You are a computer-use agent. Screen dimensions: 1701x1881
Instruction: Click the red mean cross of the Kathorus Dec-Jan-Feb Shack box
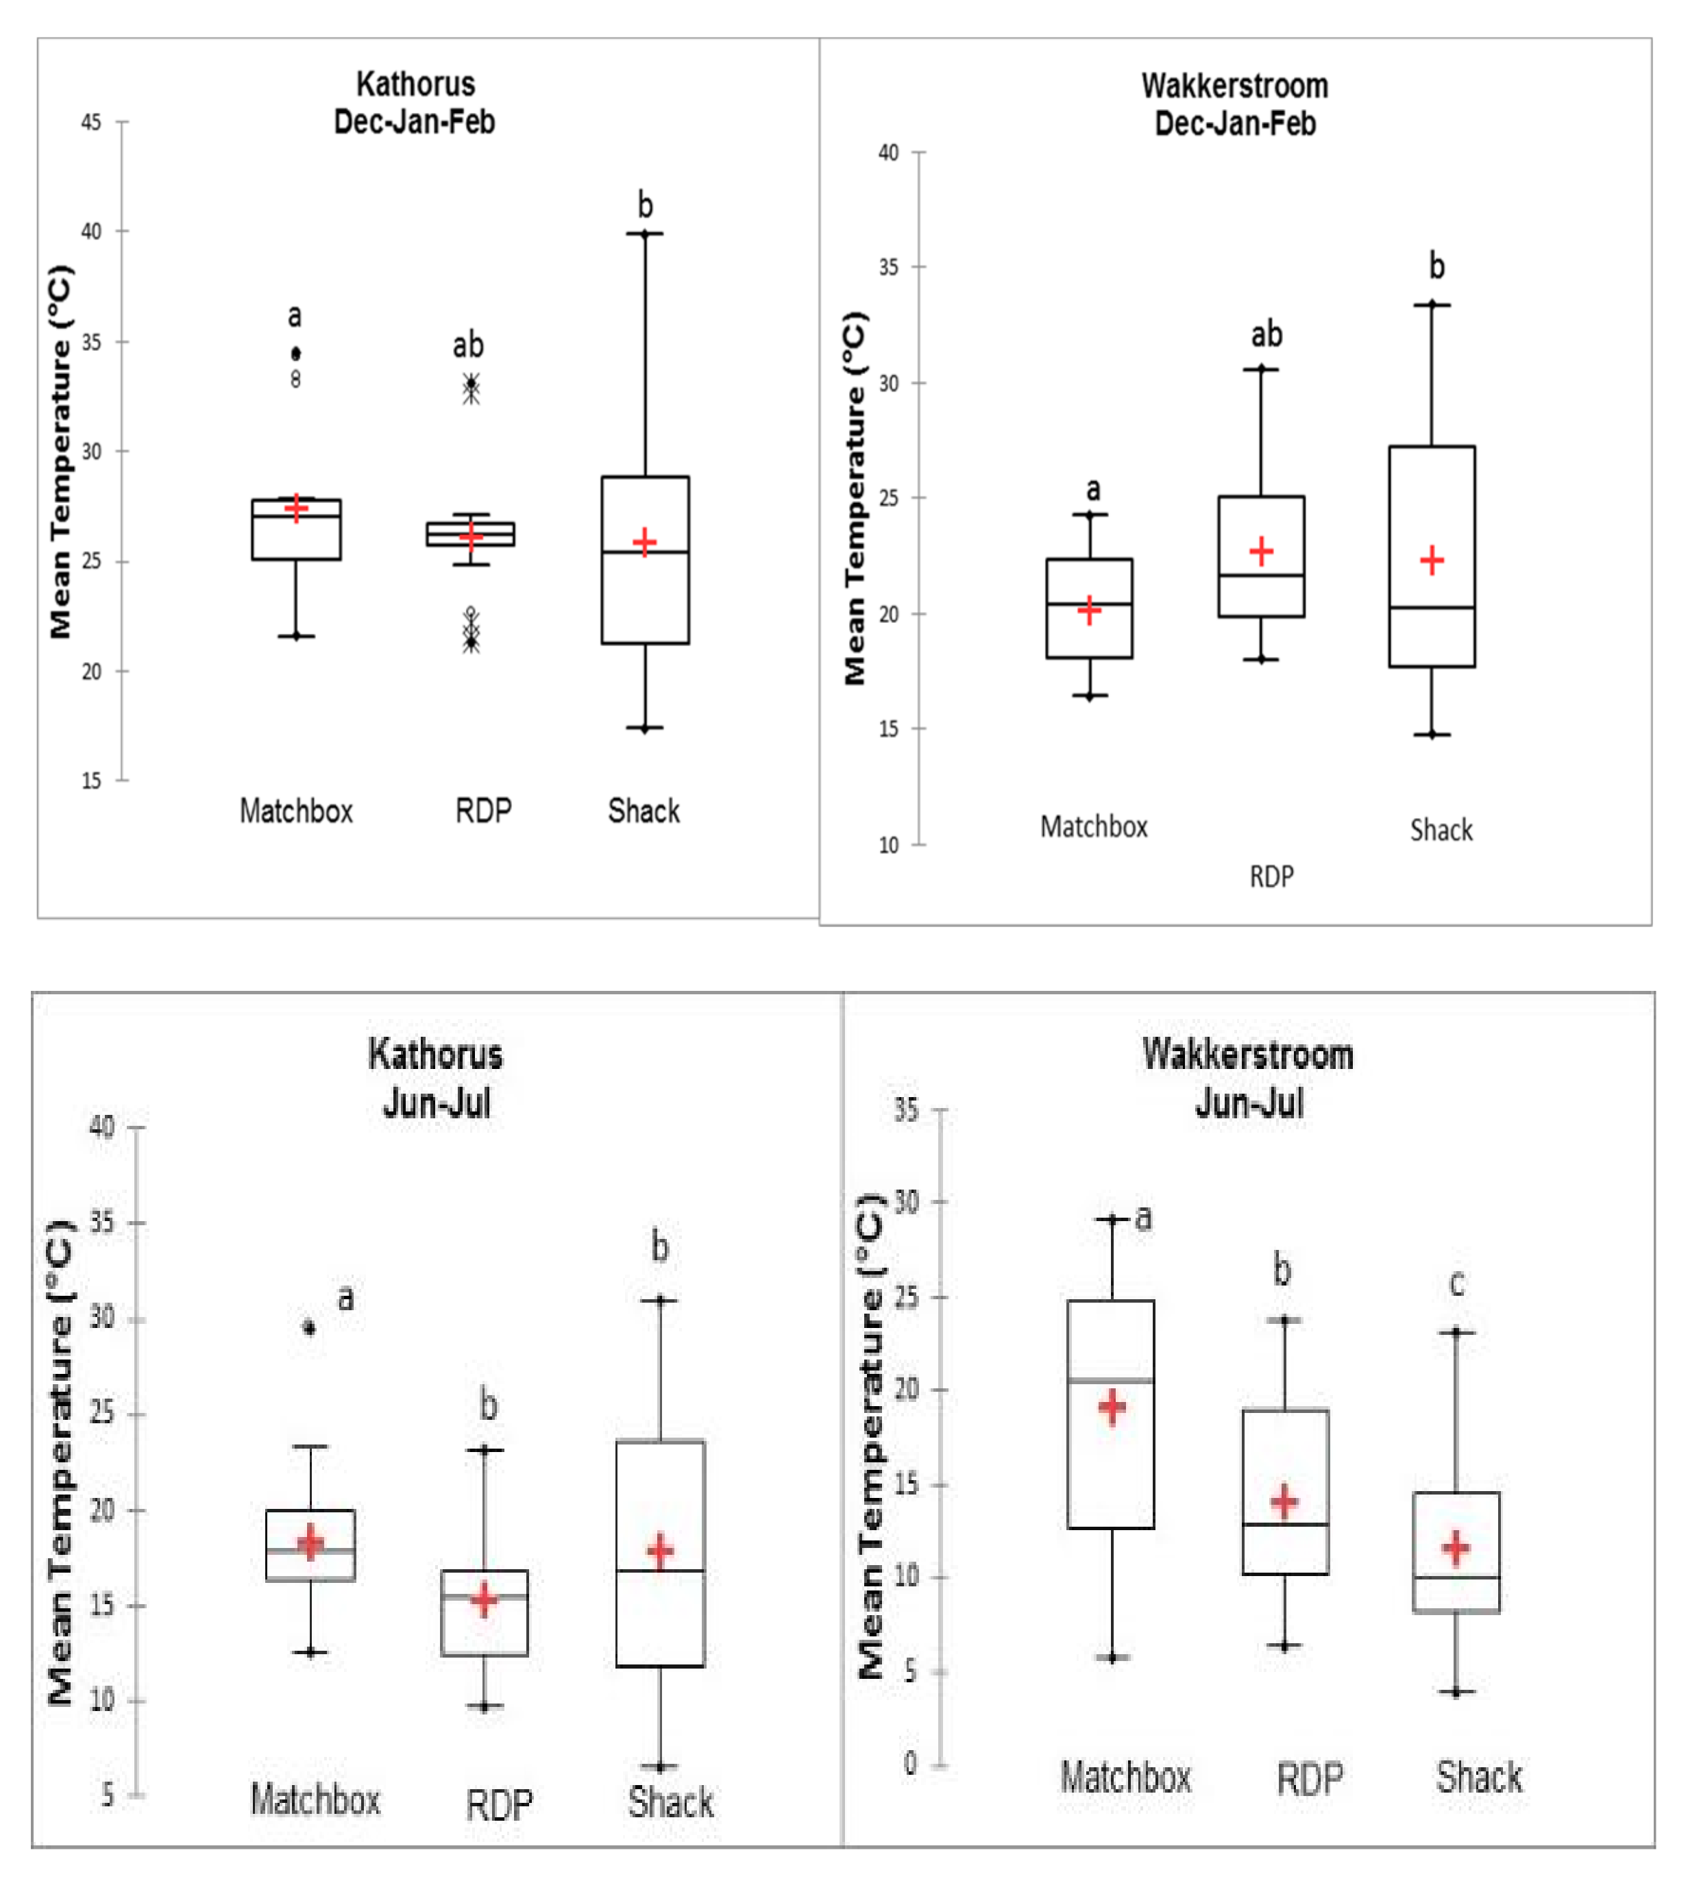(644, 542)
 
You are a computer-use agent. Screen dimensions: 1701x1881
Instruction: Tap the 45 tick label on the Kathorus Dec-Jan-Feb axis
(90, 122)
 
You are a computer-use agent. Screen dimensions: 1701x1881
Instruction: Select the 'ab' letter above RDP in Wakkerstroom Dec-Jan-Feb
(1266, 334)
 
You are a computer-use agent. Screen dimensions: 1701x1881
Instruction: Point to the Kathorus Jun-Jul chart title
(436, 1079)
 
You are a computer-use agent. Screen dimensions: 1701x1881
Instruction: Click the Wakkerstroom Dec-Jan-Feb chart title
(1234, 104)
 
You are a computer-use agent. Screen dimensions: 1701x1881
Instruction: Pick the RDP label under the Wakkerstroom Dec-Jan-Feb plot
(1271, 876)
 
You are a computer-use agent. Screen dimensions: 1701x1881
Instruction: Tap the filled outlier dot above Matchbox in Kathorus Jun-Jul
(310, 1328)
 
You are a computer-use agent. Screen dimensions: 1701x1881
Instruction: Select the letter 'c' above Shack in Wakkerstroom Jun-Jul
(1456, 1284)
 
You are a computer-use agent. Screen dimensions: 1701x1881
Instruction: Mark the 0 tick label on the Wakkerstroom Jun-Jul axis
(909, 1763)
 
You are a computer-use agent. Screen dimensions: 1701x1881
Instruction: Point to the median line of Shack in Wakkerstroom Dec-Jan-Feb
(1432, 607)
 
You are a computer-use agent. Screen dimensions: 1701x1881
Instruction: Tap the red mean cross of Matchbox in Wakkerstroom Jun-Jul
(1112, 1406)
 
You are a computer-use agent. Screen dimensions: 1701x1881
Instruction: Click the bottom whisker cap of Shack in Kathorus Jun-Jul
(660, 1767)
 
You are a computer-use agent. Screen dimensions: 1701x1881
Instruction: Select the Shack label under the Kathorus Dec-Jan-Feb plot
(644, 811)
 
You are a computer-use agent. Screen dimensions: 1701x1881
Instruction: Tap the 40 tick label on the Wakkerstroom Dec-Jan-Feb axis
(888, 152)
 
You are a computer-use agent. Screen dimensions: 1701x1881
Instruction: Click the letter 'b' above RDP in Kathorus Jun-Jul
(488, 1404)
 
